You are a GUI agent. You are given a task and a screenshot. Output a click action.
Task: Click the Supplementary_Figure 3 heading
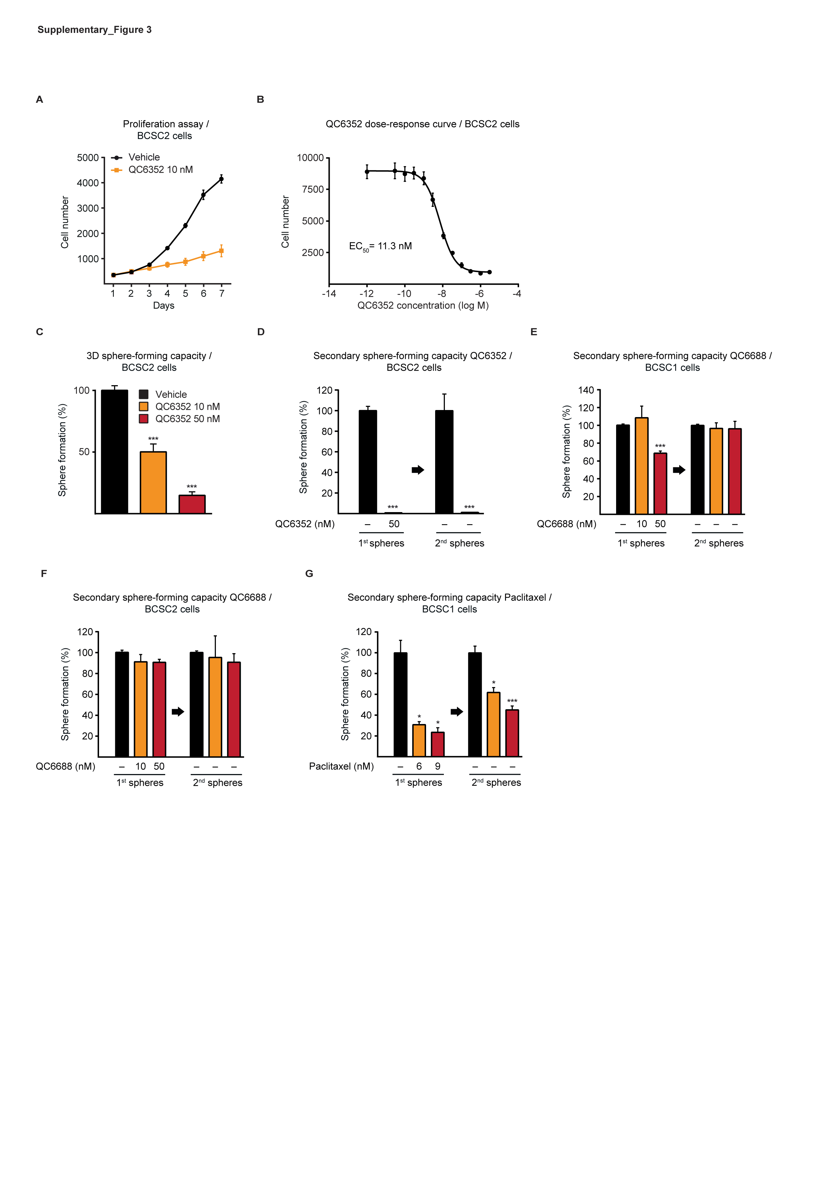94,30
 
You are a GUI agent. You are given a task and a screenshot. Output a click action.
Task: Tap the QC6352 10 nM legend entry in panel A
160,170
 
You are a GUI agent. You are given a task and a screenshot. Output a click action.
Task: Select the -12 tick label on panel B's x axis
366,294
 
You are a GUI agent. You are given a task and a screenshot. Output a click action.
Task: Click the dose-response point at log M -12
367,171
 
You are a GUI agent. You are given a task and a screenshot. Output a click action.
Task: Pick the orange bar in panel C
153,482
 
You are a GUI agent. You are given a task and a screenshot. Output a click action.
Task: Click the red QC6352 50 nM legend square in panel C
144,419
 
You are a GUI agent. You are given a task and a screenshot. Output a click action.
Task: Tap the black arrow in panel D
418,470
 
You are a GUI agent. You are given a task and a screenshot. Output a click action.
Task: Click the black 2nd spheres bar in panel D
444,462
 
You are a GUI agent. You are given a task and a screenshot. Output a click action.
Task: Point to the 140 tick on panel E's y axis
586,391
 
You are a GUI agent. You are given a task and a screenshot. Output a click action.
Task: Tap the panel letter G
309,574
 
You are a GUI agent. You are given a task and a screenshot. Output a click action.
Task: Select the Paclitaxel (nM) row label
341,767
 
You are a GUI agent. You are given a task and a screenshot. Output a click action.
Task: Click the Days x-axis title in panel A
164,306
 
